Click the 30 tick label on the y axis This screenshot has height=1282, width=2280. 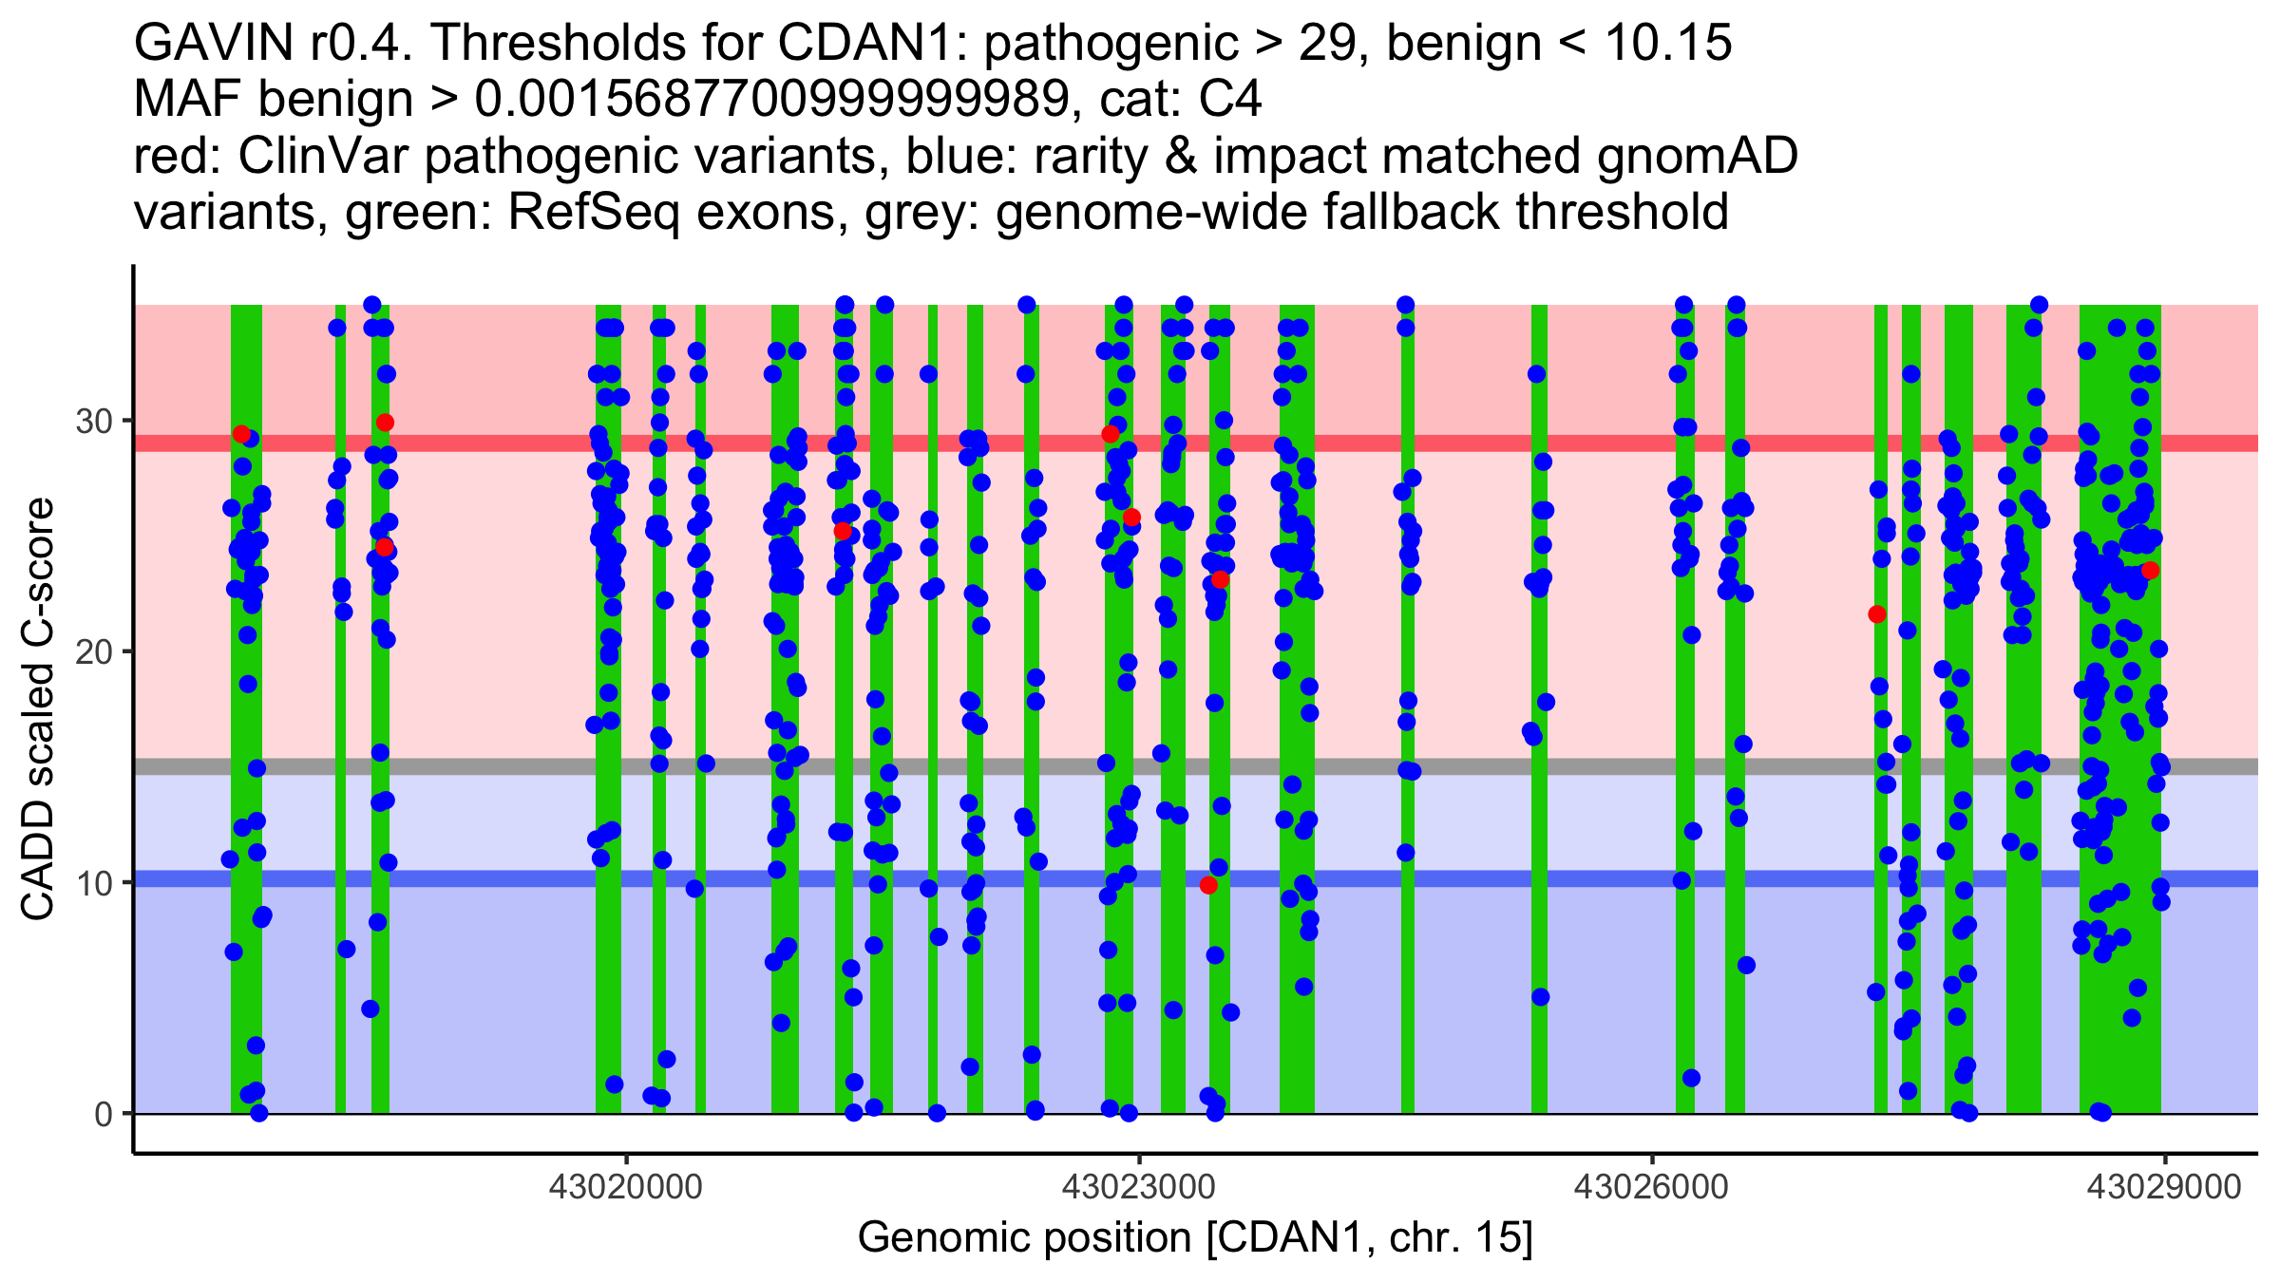coord(93,421)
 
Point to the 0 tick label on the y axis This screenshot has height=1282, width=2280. coord(103,1114)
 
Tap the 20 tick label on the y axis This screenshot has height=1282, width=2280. coord(93,651)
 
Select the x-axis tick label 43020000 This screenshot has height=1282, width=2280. coord(626,1187)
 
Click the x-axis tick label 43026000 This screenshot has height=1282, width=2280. coord(1652,1187)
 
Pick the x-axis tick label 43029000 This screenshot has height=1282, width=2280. coord(2164,1187)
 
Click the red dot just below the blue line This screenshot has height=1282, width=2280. coord(1208,885)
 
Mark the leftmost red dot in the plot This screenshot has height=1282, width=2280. coord(241,434)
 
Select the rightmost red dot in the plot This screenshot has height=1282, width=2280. coord(2151,570)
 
